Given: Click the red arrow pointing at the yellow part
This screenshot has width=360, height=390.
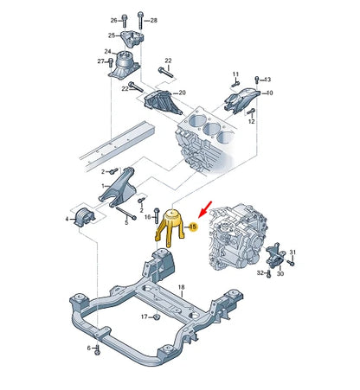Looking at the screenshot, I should pos(203,206).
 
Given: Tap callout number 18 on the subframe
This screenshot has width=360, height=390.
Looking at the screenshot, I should pos(182,286).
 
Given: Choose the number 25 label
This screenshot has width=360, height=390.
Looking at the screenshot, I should pos(112,35).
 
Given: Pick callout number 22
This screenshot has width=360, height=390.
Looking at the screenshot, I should pos(168,61).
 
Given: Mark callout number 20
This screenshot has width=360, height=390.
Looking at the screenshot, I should pos(181,93).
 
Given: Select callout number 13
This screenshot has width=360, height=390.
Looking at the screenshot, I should pos(267,79).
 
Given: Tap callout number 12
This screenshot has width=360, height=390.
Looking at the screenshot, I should pos(252,122).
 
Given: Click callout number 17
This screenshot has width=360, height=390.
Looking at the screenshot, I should pos(145,316).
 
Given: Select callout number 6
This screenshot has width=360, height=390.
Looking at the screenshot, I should pos(87,347).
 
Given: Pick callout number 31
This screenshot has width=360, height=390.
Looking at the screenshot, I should pos(292,252).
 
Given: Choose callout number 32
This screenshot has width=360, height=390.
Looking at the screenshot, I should pos(259,272).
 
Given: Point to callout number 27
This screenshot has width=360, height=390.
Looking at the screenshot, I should pos(100,61).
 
